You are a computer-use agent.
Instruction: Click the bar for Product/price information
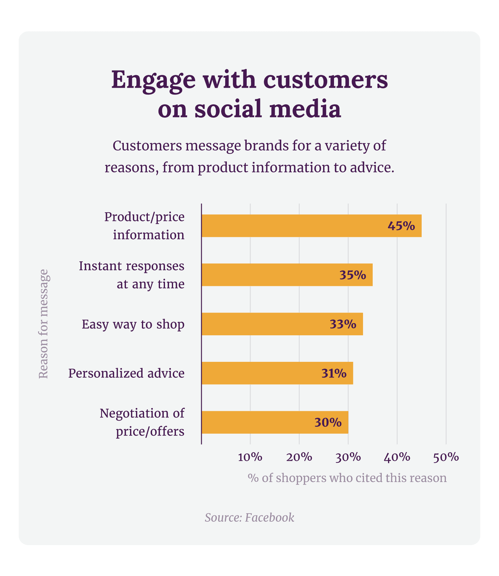(x=293, y=226)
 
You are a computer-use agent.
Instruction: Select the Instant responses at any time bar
(x=268, y=275)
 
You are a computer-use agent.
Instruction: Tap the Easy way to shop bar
(x=265, y=324)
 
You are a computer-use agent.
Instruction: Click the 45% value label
(x=401, y=226)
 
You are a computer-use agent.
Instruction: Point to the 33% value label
(x=343, y=324)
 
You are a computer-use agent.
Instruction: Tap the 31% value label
(x=334, y=373)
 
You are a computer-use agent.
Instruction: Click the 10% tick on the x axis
(x=250, y=457)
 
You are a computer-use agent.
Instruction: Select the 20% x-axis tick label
(x=299, y=457)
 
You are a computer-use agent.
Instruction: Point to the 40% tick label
(x=397, y=457)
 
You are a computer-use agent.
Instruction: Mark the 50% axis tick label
(x=446, y=457)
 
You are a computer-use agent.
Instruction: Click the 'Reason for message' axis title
(x=43, y=324)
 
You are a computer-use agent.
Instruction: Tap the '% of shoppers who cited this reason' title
(x=347, y=478)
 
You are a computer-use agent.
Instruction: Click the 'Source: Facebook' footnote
(x=249, y=518)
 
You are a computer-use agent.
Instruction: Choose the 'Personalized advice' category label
(x=126, y=373)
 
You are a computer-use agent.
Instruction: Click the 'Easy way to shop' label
(x=133, y=324)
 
